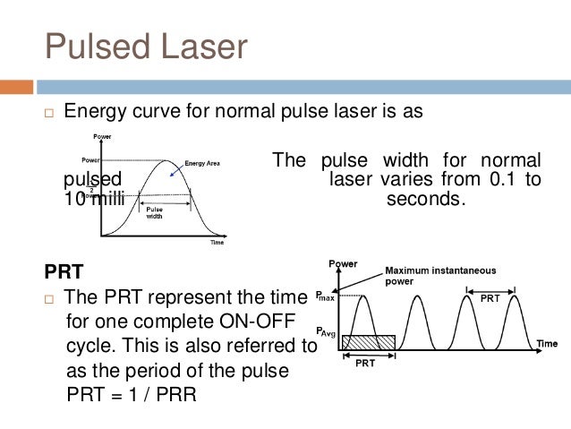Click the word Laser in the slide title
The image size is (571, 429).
pyautogui.click(x=206, y=46)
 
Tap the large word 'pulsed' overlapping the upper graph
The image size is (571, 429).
pyautogui.click(x=93, y=179)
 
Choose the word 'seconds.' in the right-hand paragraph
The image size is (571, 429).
pyautogui.click(x=426, y=198)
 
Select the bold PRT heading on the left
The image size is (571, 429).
pyautogui.click(x=62, y=270)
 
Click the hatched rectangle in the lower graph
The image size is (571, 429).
pyautogui.click(x=368, y=342)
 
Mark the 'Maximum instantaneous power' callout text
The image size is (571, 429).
pyautogui.click(x=439, y=275)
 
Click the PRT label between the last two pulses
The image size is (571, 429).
pyautogui.click(x=490, y=298)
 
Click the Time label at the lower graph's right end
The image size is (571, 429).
pyautogui.click(x=547, y=343)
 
